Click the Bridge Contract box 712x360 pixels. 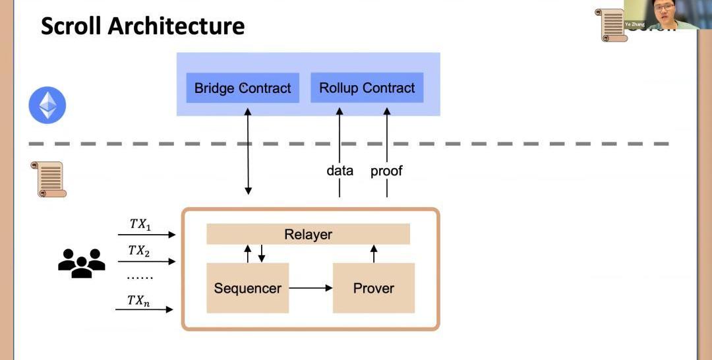coord(243,88)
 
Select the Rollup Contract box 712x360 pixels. coord(367,88)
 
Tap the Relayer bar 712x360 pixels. coord(308,234)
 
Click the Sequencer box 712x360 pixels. coord(247,288)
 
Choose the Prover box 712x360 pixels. coord(373,288)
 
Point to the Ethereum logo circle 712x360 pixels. coord(47,105)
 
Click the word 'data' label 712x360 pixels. coord(340,171)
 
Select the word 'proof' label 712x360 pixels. coord(386,171)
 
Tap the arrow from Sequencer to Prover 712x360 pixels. coord(311,288)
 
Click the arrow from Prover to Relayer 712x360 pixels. coord(374,254)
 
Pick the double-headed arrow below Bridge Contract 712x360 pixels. coord(248,152)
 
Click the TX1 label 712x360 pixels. coord(140,224)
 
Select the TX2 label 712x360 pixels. coord(139,251)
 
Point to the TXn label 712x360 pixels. coord(138,301)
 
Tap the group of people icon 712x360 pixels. coord(82,262)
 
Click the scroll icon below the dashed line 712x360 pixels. coord(49,179)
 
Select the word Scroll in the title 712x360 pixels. coord(71,26)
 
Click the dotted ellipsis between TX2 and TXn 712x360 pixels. coord(139,277)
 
